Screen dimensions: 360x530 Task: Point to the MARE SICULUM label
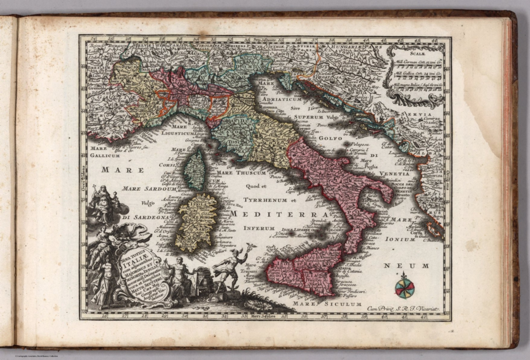pos(327,304)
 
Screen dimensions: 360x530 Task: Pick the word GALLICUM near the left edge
pos(105,156)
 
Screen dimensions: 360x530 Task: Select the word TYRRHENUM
pos(265,200)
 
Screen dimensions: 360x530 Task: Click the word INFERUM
pos(259,228)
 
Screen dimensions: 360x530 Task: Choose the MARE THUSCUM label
pos(242,173)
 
